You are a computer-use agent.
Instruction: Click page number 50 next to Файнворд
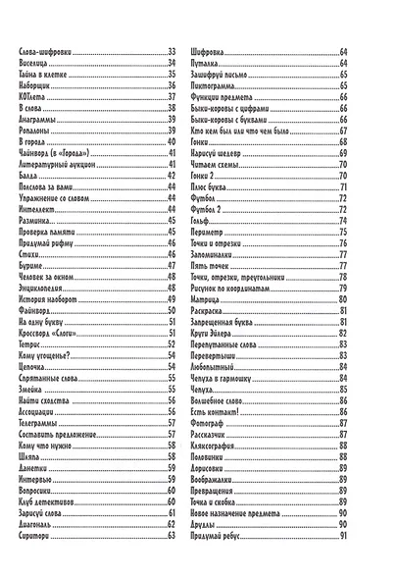click(171, 308)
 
